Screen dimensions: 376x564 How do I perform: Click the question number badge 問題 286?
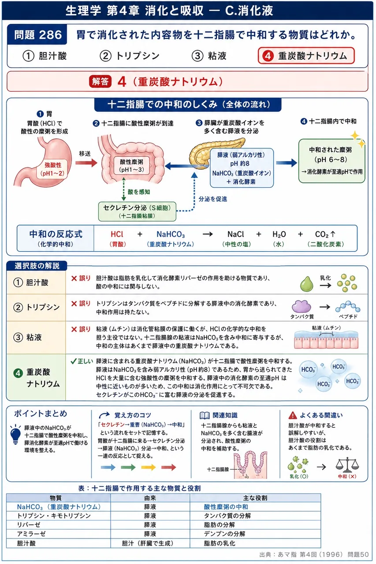[37, 34]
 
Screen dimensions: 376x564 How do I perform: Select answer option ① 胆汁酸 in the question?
[45, 56]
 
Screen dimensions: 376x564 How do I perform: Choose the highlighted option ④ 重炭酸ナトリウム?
[306, 56]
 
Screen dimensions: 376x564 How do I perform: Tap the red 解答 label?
[100, 82]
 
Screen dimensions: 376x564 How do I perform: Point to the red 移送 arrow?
[86, 163]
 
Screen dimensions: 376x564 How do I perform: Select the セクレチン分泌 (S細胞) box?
[137, 211]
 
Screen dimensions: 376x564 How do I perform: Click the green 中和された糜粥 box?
[331, 161]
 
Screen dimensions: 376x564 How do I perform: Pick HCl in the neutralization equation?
[117, 234]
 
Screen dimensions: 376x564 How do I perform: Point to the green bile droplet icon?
[307, 284]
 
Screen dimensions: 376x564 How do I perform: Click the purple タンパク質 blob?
[301, 306]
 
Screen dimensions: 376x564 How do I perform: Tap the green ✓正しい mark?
[82, 361]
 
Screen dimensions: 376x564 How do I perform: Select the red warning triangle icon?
[293, 415]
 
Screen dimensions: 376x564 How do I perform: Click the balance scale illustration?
[347, 465]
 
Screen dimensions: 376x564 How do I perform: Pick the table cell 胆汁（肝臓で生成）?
[148, 543]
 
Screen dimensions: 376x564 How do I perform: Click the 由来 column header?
[150, 498]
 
